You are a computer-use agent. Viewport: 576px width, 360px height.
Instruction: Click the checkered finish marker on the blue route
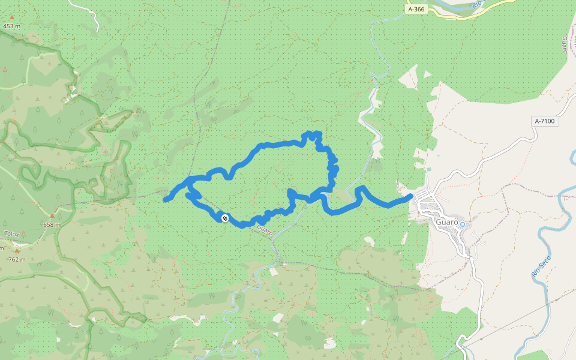coord(224,218)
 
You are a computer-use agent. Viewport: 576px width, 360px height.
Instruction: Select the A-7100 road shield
coord(546,121)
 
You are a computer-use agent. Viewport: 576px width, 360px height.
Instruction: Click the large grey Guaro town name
coord(447,222)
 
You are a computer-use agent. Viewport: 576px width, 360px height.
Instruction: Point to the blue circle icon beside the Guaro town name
coord(462,224)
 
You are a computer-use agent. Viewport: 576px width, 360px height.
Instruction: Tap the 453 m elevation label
coord(12,26)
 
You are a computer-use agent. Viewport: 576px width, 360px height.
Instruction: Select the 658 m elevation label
coord(52,225)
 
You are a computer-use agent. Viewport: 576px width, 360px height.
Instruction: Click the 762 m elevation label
coord(16,259)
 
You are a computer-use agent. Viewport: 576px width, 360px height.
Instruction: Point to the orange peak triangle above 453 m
coord(11,17)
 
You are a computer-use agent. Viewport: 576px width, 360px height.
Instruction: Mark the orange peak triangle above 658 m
coord(52,216)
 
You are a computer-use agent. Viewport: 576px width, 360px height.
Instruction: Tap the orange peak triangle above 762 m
coord(17,251)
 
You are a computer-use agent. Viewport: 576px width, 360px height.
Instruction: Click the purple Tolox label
coord(11,234)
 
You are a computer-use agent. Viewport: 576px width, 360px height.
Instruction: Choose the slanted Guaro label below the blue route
coord(265,229)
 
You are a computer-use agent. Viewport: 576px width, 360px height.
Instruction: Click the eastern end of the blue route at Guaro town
coord(410,196)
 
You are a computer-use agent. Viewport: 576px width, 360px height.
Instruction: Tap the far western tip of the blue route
coord(166,200)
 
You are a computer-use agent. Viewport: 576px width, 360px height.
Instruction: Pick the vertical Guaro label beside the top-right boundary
coord(565,44)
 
